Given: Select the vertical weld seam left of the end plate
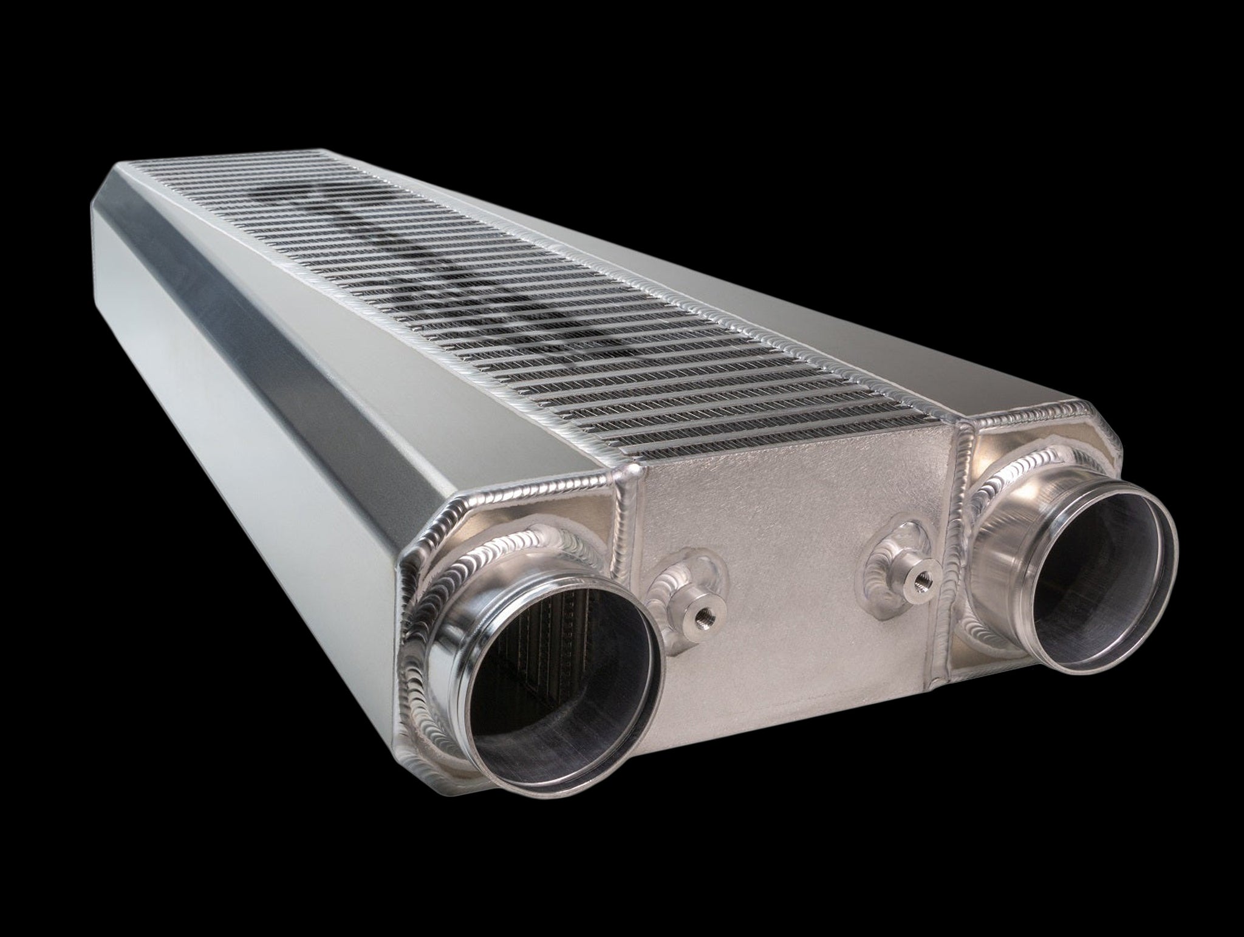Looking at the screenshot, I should point(629,577).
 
